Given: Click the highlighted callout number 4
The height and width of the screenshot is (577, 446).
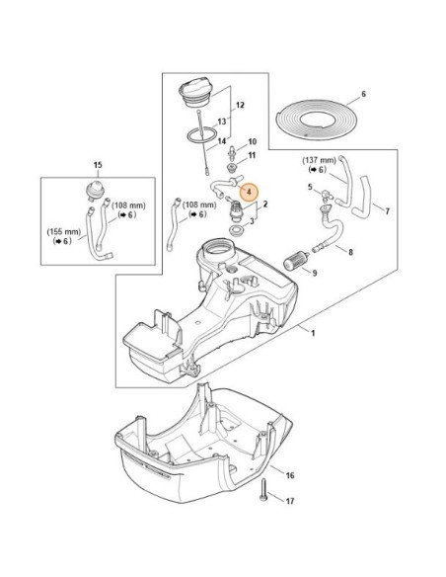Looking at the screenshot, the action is point(249,192).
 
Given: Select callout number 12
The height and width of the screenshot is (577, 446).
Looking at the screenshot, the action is point(240,106).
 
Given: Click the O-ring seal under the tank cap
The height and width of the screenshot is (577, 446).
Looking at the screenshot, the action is point(201,134).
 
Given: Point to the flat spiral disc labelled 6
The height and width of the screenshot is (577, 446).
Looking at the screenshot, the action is point(317,119).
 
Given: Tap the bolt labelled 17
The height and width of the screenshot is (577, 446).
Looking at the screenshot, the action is point(263,490).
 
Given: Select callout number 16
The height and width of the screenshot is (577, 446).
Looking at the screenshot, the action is point(290,475).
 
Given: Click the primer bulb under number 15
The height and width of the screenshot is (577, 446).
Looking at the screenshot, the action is point(95,191).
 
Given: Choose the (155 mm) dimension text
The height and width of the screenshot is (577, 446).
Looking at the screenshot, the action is point(63,232).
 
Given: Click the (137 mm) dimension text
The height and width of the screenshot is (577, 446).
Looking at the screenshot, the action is point(320,161).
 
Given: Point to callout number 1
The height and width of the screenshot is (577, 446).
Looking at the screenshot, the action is point(313,333).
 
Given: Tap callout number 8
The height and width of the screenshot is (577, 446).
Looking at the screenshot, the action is point(350,252).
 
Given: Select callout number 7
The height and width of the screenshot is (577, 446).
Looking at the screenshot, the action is point(387,211).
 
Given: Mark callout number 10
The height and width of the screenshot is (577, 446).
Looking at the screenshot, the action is point(252,141).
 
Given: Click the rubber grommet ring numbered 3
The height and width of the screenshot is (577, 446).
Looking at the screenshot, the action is point(235,231).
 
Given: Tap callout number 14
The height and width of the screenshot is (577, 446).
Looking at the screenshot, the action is point(222,141).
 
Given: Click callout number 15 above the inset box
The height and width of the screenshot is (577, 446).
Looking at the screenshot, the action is point(98,165).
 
